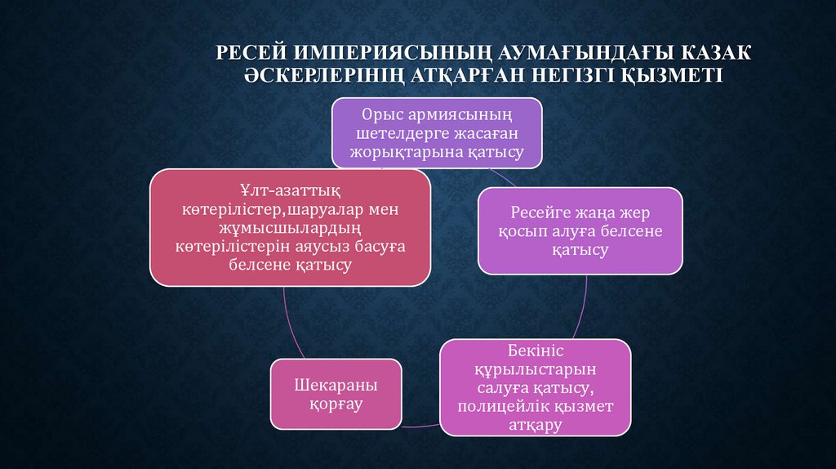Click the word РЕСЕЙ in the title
coord(250,53)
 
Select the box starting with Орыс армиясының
coord(437,132)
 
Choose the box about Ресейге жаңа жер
coord(580,230)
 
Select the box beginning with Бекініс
coord(536,388)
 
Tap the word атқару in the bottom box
coord(536,425)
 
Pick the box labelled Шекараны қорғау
coord(336,394)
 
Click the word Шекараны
coord(336,385)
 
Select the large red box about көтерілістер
coord(291,227)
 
